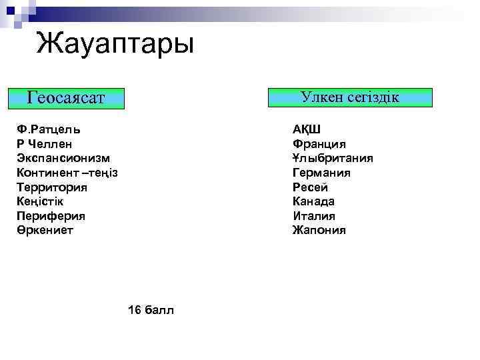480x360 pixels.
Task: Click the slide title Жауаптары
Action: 115,45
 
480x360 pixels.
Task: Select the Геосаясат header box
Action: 66,99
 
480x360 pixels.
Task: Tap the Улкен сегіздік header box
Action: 349,97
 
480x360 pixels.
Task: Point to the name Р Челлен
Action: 45,144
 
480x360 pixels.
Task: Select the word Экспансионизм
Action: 64,158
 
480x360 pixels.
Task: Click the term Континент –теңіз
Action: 68,173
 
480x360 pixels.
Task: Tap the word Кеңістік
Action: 41,201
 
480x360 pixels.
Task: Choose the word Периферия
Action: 51,216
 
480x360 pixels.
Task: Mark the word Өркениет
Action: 45,230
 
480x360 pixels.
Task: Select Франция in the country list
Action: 319,144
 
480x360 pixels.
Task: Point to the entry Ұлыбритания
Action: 333,158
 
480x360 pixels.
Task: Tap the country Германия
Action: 321,173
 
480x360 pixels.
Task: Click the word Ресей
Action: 310,187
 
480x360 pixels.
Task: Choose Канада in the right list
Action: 313,201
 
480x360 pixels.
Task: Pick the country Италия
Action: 314,216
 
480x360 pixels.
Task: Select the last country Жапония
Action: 319,230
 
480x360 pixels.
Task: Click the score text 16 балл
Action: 151,310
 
